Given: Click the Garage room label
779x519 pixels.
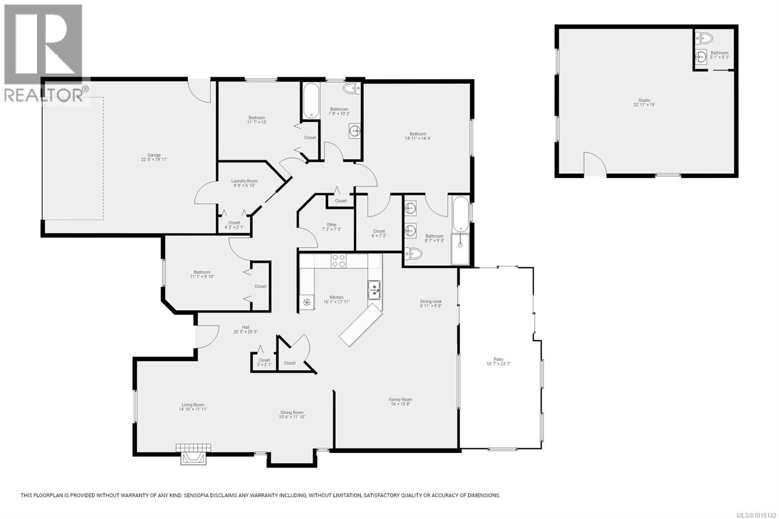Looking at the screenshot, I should pyautogui.click(x=154, y=157).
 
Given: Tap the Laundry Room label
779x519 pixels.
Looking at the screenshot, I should pyautogui.click(x=244, y=183).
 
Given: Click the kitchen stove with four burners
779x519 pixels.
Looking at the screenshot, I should pyautogui.click(x=339, y=261).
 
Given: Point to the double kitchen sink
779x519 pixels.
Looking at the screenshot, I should pyautogui.click(x=374, y=290).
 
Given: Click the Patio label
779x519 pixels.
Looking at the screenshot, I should pyautogui.click(x=498, y=361).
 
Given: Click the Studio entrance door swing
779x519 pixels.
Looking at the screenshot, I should pyautogui.click(x=594, y=164).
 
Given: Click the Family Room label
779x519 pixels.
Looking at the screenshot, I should pyautogui.click(x=401, y=402).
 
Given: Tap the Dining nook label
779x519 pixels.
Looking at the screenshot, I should pyautogui.click(x=431, y=304).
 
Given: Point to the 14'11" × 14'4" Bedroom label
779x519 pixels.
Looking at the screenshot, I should pyautogui.click(x=418, y=136).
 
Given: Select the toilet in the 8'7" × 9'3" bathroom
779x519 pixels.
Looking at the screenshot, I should pyautogui.click(x=413, y=254).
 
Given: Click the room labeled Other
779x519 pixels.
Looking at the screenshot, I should pyautogui.click(x=332, y=227).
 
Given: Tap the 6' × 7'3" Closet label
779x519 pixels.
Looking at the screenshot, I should pyautogui.click(x=379, y=233).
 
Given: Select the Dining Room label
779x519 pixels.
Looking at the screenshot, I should pyautogui.click(x=291, y=415).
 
